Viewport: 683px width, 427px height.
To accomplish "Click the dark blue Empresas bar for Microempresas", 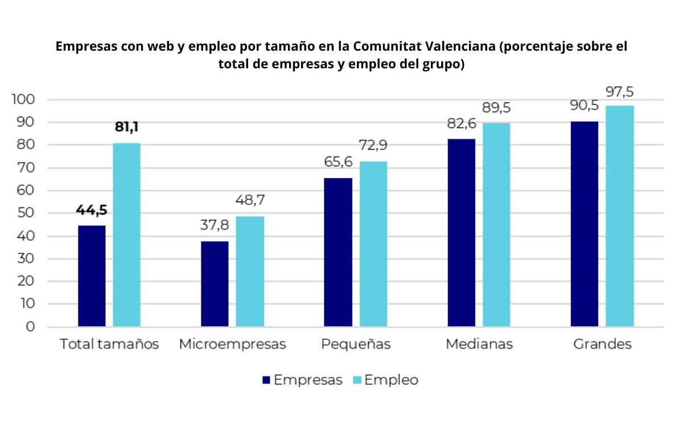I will (x=215, y=284).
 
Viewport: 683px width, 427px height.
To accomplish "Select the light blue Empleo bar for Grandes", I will (x=619, y=216).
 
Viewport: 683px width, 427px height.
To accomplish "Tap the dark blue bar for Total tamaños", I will (x=92, y=276).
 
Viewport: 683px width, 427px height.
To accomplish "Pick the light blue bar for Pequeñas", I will (x=373, y=244).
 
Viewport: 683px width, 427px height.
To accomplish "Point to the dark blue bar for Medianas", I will (x=461, y=232).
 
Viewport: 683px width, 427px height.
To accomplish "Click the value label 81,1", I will (x=126, y=127).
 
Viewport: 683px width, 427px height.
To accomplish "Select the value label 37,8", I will (x=215, y=225).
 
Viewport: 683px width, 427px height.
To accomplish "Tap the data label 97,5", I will (x=620, y=92).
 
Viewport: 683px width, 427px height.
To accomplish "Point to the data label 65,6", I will (x=338, y=162).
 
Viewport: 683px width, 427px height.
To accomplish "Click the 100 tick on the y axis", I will (x=24, y=100).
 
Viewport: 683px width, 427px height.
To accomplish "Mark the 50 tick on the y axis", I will (x=27, y=213).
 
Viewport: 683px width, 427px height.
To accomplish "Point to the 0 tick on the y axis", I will (x=30, y=327).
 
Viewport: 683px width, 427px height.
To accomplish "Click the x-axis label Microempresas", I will (x=232, y=344).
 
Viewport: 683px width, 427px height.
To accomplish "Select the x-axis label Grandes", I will (x=602, y=344).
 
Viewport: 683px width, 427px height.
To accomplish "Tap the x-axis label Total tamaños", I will (x=109, y=344).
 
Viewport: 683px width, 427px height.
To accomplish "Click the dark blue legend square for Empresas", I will (x=266, y=380).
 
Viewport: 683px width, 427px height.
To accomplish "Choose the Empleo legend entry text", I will (x=391, y=380).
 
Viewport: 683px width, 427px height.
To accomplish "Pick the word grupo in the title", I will (x=445, y=64).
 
